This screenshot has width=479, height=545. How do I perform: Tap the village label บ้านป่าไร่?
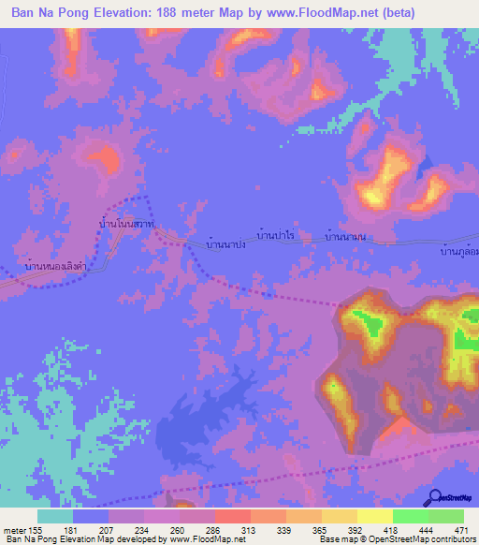point(277,238)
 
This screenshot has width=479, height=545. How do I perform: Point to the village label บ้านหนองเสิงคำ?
point(47,267)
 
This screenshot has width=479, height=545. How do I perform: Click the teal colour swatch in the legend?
point(55,516)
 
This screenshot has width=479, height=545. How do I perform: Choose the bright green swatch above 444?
point(410,516)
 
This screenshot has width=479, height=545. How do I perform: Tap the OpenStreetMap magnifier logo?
point(436,497)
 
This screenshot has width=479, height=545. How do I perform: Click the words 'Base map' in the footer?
point(335,539)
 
